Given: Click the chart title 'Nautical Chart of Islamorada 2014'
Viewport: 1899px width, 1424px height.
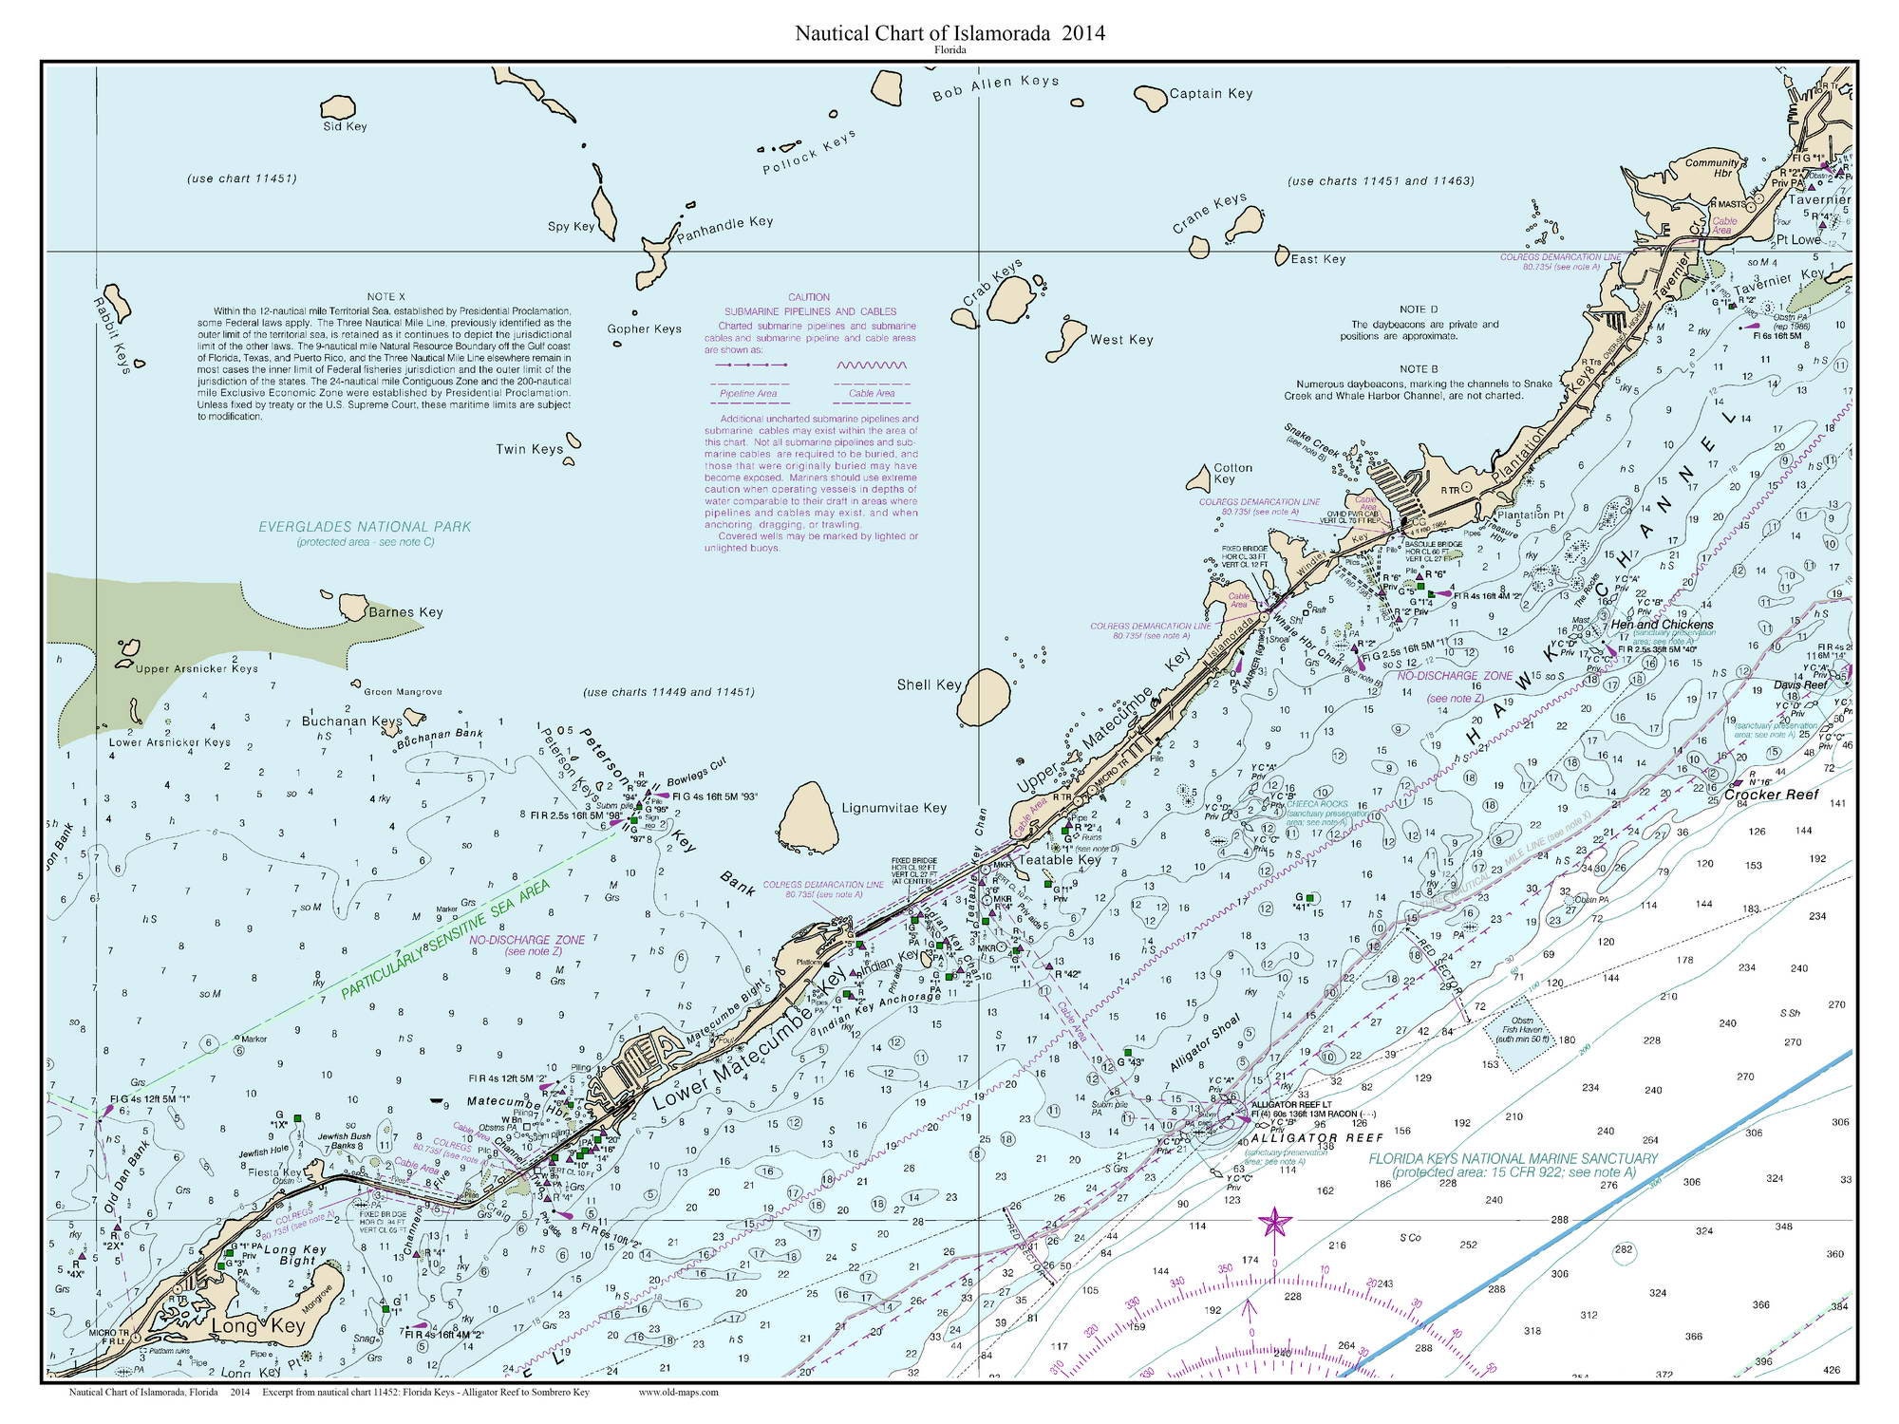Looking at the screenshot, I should coord(949,34).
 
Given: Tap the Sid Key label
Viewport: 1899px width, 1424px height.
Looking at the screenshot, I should coord(345,126).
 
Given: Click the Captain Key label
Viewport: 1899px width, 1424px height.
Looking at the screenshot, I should coord(1211,93).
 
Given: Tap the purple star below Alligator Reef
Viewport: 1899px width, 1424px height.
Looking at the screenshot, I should coord(1273,1224).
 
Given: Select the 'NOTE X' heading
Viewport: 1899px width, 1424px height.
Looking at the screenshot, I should coord(386,297).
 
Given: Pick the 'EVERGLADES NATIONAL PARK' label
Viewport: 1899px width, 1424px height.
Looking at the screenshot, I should coord(365,527).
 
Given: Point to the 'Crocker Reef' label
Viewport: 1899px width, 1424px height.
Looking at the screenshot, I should coord(1771,795).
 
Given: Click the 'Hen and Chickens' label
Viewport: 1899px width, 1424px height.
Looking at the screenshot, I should coord(1662,626).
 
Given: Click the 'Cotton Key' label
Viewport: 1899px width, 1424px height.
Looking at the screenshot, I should coord(1232,473).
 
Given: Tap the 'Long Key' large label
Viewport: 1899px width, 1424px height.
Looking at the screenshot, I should coord(249,1325).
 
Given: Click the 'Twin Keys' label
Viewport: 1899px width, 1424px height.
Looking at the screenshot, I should coord(529,449).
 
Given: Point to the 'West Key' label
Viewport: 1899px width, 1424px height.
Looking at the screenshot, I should coord(1120,340).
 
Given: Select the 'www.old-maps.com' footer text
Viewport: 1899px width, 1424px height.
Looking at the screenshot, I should coord(678,1393).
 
